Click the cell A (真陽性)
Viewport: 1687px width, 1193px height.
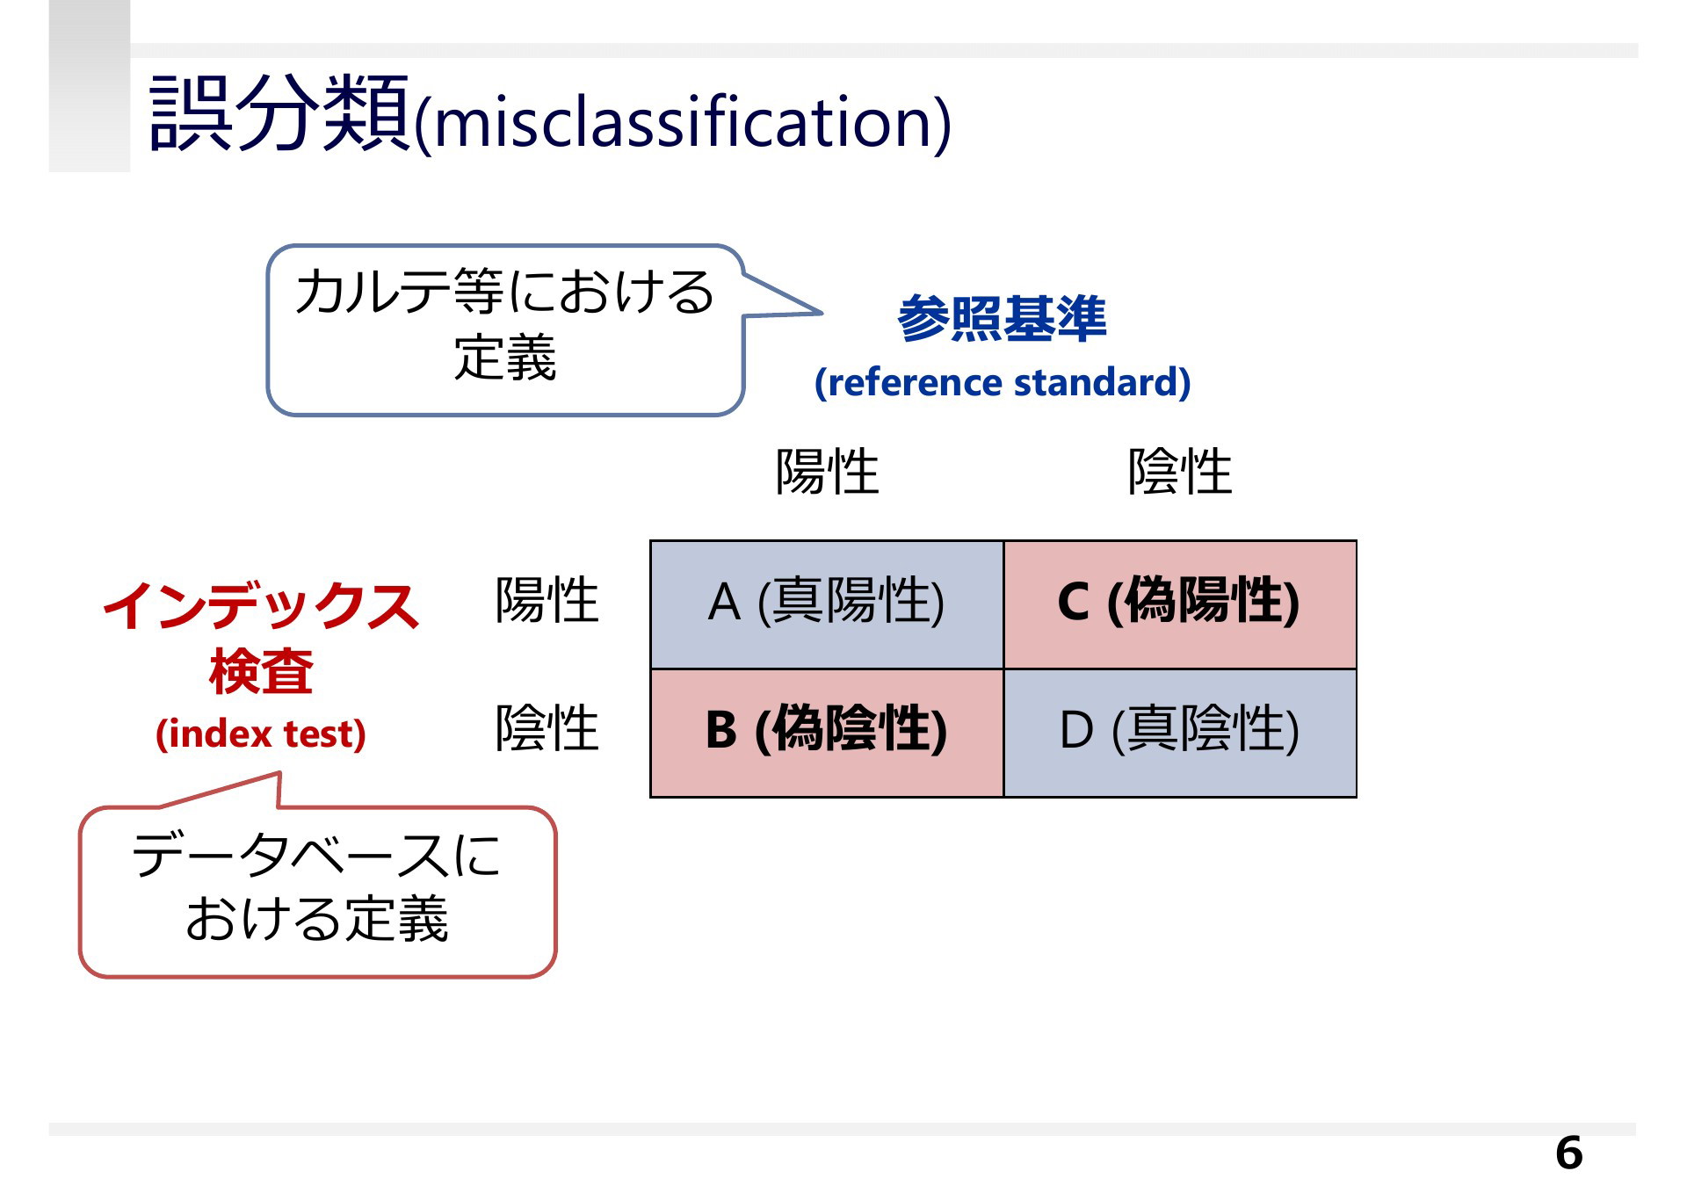coord(827,604)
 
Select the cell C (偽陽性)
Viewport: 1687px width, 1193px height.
coord(1180,604)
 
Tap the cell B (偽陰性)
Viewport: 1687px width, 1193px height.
coord(827,733)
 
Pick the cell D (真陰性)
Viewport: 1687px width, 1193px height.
coord(1180,733)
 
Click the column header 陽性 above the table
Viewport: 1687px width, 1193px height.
coord(827,472)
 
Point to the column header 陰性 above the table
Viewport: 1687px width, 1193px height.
coord(1180,472)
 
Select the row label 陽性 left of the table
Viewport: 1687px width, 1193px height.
coord(547,601)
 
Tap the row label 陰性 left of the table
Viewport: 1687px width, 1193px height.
coord(547,728)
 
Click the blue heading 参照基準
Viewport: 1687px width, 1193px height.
coord(1002,318)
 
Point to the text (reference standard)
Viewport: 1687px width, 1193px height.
coord(1003,382)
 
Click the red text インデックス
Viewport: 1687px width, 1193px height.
coord(261,605)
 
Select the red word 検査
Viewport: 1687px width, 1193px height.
coord(261,671)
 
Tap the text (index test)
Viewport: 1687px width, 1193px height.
coord(261,734)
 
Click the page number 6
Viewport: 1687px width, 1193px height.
coord(1568,1153)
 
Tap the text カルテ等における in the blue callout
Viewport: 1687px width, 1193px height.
coord(504,292)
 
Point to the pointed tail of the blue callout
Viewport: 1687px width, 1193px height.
coord(821,312)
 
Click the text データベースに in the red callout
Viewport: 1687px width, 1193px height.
coord(316,855)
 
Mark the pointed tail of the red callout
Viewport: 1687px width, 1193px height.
coord(279,774)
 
